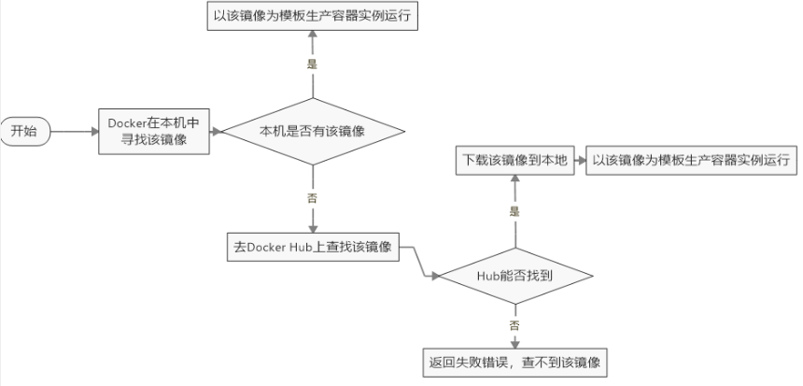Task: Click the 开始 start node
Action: pyautogui.click(x=23, y=131)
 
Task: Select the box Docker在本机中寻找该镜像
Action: pyautogui.click(x=154, y=131)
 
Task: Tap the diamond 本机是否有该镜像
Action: pyautogui.click(x=314, y=132)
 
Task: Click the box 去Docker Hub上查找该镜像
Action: pyautogui.click(x=314, y=247)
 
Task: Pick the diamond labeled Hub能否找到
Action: pyautogui.click(x=514, y=275)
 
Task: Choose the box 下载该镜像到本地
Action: pyautogui.click(x=514, y=160)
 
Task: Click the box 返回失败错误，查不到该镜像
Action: pyautogui.click(x=514, y=361)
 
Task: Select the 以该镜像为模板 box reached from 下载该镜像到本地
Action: pyautogui.click(x=691, y=160)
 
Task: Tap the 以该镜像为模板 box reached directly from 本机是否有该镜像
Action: pyautogui.click(x=314, y=16)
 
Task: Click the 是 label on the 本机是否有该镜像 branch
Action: pyautogui.click(x=313, y=64)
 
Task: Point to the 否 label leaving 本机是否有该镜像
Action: pyautogui.click(x=313, y=197)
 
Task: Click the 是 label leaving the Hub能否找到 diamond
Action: pyautogui.click(x=514, y=211)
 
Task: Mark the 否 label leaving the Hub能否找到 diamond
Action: pyautogui.click(x=514, y=324)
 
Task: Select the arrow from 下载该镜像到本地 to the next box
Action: pyautogui.click(x=577, y=160)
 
